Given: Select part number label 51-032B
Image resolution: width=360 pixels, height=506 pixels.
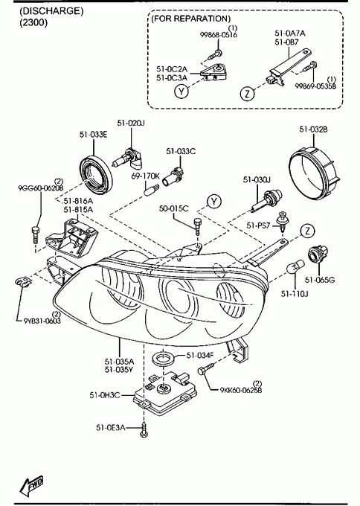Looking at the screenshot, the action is pos(314,129).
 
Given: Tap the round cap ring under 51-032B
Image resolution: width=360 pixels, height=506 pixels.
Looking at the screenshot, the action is pos(315,170).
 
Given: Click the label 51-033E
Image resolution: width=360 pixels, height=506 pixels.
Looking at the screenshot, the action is pos(94,134).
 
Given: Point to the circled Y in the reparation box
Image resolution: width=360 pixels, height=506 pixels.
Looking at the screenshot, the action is pos(181,92).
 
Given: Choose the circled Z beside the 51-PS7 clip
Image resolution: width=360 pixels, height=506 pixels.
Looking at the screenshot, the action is pos(308,231).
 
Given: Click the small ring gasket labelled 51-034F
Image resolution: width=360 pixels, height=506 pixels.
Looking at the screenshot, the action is pos(164,359).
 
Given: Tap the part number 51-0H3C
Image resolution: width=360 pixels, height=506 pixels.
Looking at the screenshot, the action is pos(105,394).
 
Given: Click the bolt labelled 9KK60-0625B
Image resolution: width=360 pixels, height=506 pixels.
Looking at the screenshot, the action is pos(208,369).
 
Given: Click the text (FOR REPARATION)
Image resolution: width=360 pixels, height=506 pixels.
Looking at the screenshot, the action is pos(191,19).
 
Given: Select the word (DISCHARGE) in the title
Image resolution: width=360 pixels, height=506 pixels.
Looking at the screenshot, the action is pos(51,11).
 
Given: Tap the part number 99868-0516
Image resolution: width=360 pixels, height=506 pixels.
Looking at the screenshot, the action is pos(219,35).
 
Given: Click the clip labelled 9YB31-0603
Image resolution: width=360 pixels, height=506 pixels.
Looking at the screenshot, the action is pos(23,282).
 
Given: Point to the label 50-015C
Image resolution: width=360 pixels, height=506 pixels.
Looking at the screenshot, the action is pos(173,208).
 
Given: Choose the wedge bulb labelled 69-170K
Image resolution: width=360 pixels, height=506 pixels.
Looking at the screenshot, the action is pos(151,188).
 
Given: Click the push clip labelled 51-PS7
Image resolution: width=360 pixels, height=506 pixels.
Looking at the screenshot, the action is pos(283,222).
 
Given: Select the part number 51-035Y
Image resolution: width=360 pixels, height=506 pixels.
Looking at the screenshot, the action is pos(119,370).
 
